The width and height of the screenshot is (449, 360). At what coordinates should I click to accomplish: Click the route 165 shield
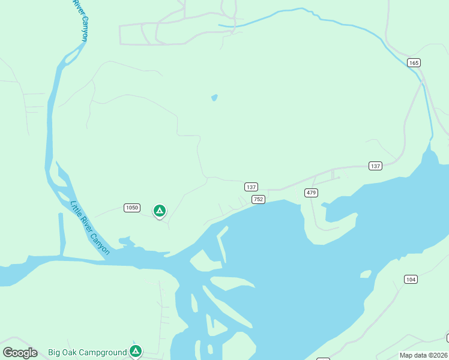413,62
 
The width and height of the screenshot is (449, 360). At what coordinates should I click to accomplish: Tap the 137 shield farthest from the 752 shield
375,166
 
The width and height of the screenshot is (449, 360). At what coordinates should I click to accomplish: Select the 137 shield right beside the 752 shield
252,187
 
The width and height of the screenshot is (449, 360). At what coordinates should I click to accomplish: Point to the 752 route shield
258,199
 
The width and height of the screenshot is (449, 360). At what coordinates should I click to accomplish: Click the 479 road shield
311,193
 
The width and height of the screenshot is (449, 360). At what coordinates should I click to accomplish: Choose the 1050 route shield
132,208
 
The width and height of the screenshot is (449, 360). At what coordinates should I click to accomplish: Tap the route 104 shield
411,280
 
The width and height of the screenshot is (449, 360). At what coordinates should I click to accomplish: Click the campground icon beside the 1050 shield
159,211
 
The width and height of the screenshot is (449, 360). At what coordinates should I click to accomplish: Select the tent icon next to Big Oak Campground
136,351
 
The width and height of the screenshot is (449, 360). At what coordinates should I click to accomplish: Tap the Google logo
20,353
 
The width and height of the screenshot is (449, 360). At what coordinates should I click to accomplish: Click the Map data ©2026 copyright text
423,355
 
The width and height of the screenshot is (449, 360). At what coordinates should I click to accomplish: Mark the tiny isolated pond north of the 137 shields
214,97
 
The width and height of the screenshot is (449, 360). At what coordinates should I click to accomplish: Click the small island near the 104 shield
365,274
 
